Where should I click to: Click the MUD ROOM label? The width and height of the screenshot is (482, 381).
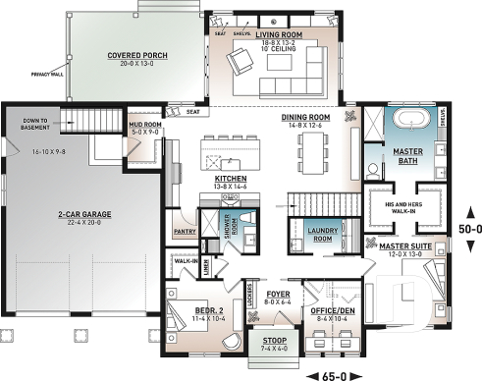(145, 127)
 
